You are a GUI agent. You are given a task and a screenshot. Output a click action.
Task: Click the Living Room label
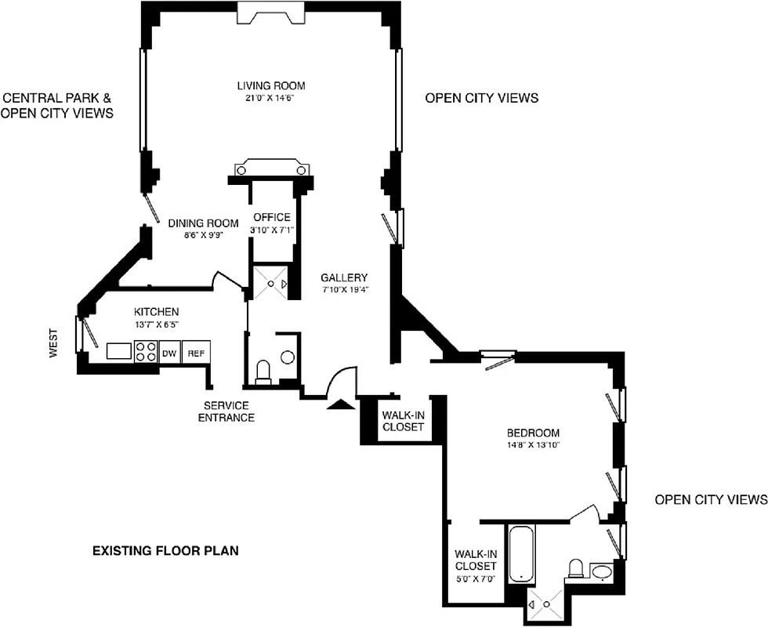[271, 86]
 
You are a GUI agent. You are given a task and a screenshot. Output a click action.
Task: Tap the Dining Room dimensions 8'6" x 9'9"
[203, 234]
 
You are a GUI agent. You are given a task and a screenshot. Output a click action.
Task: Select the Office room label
[272, 217]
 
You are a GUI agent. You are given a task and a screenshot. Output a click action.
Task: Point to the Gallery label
[344, 277]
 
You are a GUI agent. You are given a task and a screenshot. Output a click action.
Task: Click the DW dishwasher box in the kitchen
[169, 353]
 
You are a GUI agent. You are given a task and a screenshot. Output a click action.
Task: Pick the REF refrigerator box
[195, 353]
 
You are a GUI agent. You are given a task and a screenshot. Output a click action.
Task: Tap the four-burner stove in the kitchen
[145, 351]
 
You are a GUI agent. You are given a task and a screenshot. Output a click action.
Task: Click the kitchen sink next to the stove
[120, 351]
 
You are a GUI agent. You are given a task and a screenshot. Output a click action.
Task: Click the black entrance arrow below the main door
[340, 404]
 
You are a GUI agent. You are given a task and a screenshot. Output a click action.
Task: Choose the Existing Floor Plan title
[165, 551]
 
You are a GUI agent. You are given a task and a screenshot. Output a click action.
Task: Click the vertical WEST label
[54, 343]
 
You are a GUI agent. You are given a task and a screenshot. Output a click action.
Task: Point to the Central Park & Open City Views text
[57, 106]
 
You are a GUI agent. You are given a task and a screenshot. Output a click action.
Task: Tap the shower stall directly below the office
[269, 283]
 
